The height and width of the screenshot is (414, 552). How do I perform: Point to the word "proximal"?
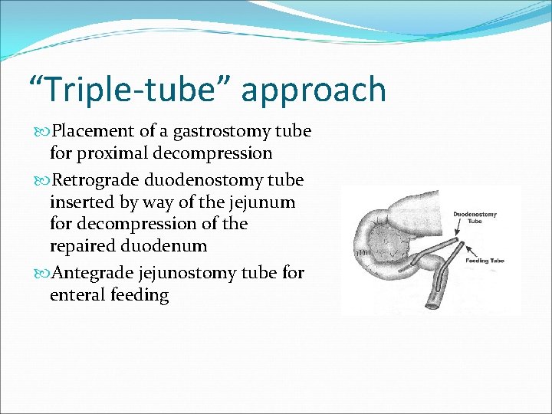click(x=112, y=153)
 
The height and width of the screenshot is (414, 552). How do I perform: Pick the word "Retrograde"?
click(x=96, y=180)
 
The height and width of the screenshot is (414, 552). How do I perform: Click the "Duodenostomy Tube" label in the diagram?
click(x=475, y=219)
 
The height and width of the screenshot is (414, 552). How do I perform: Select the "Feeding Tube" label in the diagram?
click(x=485, y=261)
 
